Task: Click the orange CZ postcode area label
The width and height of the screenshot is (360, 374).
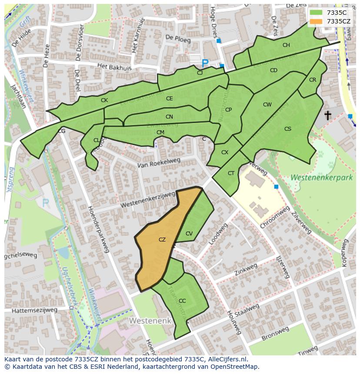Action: coord(162,239)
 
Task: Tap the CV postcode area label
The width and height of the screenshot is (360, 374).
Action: coord(189,234)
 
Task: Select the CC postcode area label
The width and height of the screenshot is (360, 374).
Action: coord(182,301)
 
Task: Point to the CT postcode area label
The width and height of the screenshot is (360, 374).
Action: coord(231,173)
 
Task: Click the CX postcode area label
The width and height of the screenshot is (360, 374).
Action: coord(225,152)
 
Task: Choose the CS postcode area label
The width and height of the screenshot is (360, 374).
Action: coord(288,129)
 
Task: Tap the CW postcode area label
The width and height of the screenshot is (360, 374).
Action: coord(267,105)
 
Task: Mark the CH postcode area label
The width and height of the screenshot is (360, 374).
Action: coord(286,45)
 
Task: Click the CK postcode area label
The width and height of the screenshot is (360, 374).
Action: coord(104,100)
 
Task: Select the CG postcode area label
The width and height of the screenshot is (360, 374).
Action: coord(62,131)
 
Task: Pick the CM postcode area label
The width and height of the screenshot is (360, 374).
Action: coord(160,132)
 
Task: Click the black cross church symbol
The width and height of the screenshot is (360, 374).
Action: coord(327,115)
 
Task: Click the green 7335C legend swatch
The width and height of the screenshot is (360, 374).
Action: coord(316,13)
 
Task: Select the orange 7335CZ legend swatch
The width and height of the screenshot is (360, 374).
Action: coord(316,21)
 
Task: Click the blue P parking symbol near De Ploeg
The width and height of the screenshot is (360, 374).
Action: coord(205,63)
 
